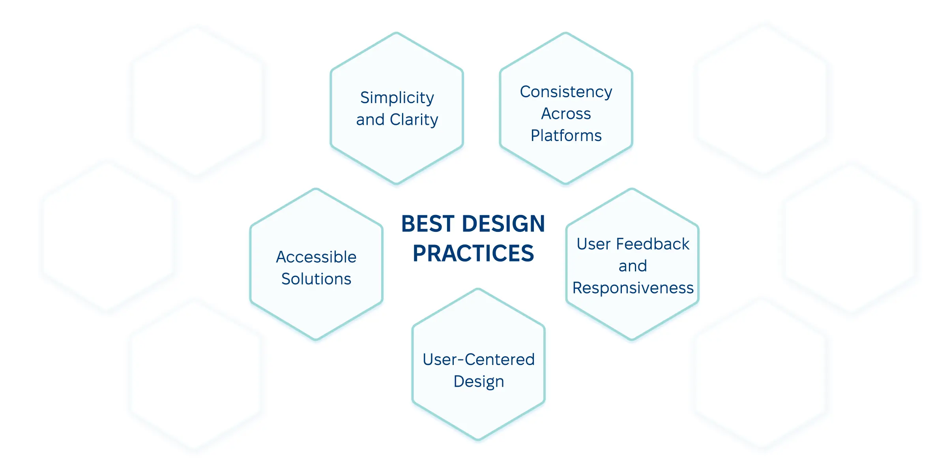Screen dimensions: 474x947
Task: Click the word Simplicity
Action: pos(397,98)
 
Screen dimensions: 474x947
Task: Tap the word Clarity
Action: pos(414,120)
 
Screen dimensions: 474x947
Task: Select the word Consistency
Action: pos(566,92)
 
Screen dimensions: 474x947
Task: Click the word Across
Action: pos(566,114)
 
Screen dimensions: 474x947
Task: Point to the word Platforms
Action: pos(566,135)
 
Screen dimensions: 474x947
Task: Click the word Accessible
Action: pos(316,257)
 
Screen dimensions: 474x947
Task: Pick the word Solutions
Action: pos(316,279)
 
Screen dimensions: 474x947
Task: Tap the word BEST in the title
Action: pos(428,224)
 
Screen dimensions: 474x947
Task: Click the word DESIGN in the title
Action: pos(503,224)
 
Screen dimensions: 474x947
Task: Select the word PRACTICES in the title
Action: pos(473,253)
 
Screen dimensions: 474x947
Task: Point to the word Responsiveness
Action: pos(633,288)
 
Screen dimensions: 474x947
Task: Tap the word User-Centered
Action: pos(478,359)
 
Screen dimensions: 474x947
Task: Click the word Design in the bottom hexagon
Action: pos(479,382)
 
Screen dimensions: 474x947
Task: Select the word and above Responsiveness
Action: pos(633,266)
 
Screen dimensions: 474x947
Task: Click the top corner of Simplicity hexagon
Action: pos(397,33)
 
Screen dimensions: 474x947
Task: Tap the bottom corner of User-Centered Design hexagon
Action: pos(478,439)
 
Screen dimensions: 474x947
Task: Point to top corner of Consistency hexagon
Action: pos(566,33)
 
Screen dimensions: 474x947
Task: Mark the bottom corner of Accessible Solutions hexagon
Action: pos(316,339)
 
